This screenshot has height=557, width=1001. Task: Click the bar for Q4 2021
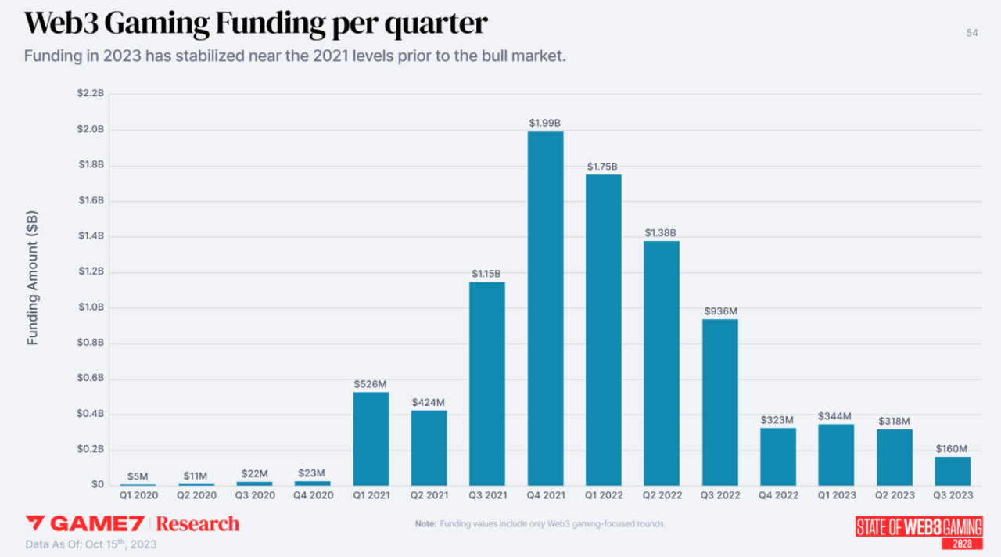click(x=545, y=308)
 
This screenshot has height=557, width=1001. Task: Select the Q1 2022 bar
click(x=604, y=329)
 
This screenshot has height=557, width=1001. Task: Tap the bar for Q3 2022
click(x=719, y=402)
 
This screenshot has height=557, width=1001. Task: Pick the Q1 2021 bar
click(x=371, y=439)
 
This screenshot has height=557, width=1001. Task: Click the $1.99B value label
click(x=545, y=123)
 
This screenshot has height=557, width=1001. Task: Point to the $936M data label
click(x=720, y=311)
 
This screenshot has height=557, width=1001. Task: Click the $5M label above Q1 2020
click(x=138, y=476)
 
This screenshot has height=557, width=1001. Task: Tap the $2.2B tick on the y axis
click(x=91, y=94)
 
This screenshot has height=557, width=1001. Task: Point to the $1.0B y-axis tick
click(x=91, y=307)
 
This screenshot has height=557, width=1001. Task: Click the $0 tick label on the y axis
click(x=97, y=485)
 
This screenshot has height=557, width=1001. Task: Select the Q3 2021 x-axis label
click(x=486, y=495)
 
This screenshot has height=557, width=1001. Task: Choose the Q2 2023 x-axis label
click(x=894, y=495)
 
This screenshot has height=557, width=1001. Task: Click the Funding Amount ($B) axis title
click(x=33, y=278)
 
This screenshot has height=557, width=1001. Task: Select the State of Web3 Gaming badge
click(x=919, y=530)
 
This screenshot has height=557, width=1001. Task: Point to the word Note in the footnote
click(x=425, y=523)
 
